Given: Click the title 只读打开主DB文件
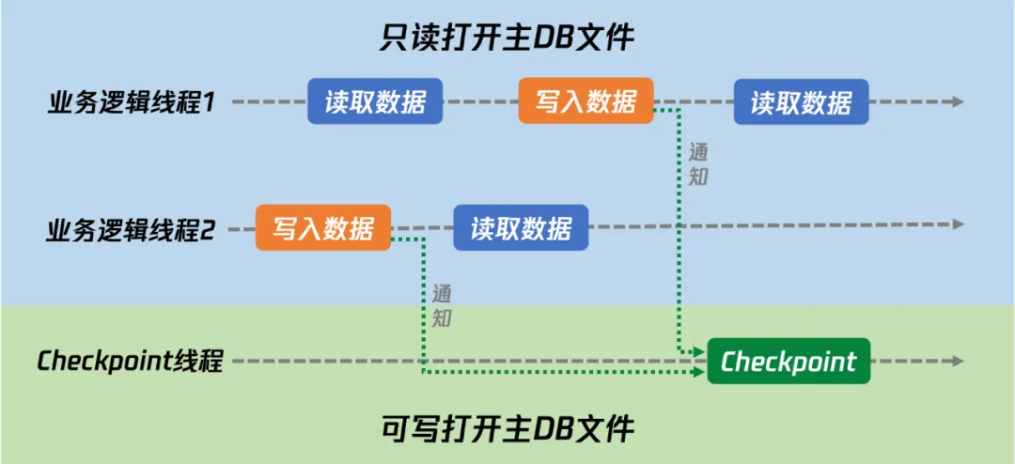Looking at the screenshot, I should coord(507,39).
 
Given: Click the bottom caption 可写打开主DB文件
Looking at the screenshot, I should coord(507,429).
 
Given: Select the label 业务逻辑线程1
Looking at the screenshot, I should coord(131,102).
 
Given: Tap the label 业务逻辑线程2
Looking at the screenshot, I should coord(131,229).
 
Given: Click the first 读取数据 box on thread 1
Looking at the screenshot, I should coord(375,101).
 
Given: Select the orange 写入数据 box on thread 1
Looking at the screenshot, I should coord(586,101).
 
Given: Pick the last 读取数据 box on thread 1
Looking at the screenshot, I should coord(801,101).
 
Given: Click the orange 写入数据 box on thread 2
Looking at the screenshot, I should coord(323,228).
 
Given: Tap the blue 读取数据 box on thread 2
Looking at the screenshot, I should coord(521,228).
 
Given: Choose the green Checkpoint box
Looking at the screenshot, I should coord(789,362).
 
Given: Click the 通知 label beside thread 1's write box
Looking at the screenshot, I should coord(697,164).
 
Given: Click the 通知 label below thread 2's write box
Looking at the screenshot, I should coord(442,305).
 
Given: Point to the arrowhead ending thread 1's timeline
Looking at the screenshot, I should coord(958,101).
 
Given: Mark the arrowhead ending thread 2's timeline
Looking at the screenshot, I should coord(958,224).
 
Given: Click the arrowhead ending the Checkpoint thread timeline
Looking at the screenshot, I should coord(958,362).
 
